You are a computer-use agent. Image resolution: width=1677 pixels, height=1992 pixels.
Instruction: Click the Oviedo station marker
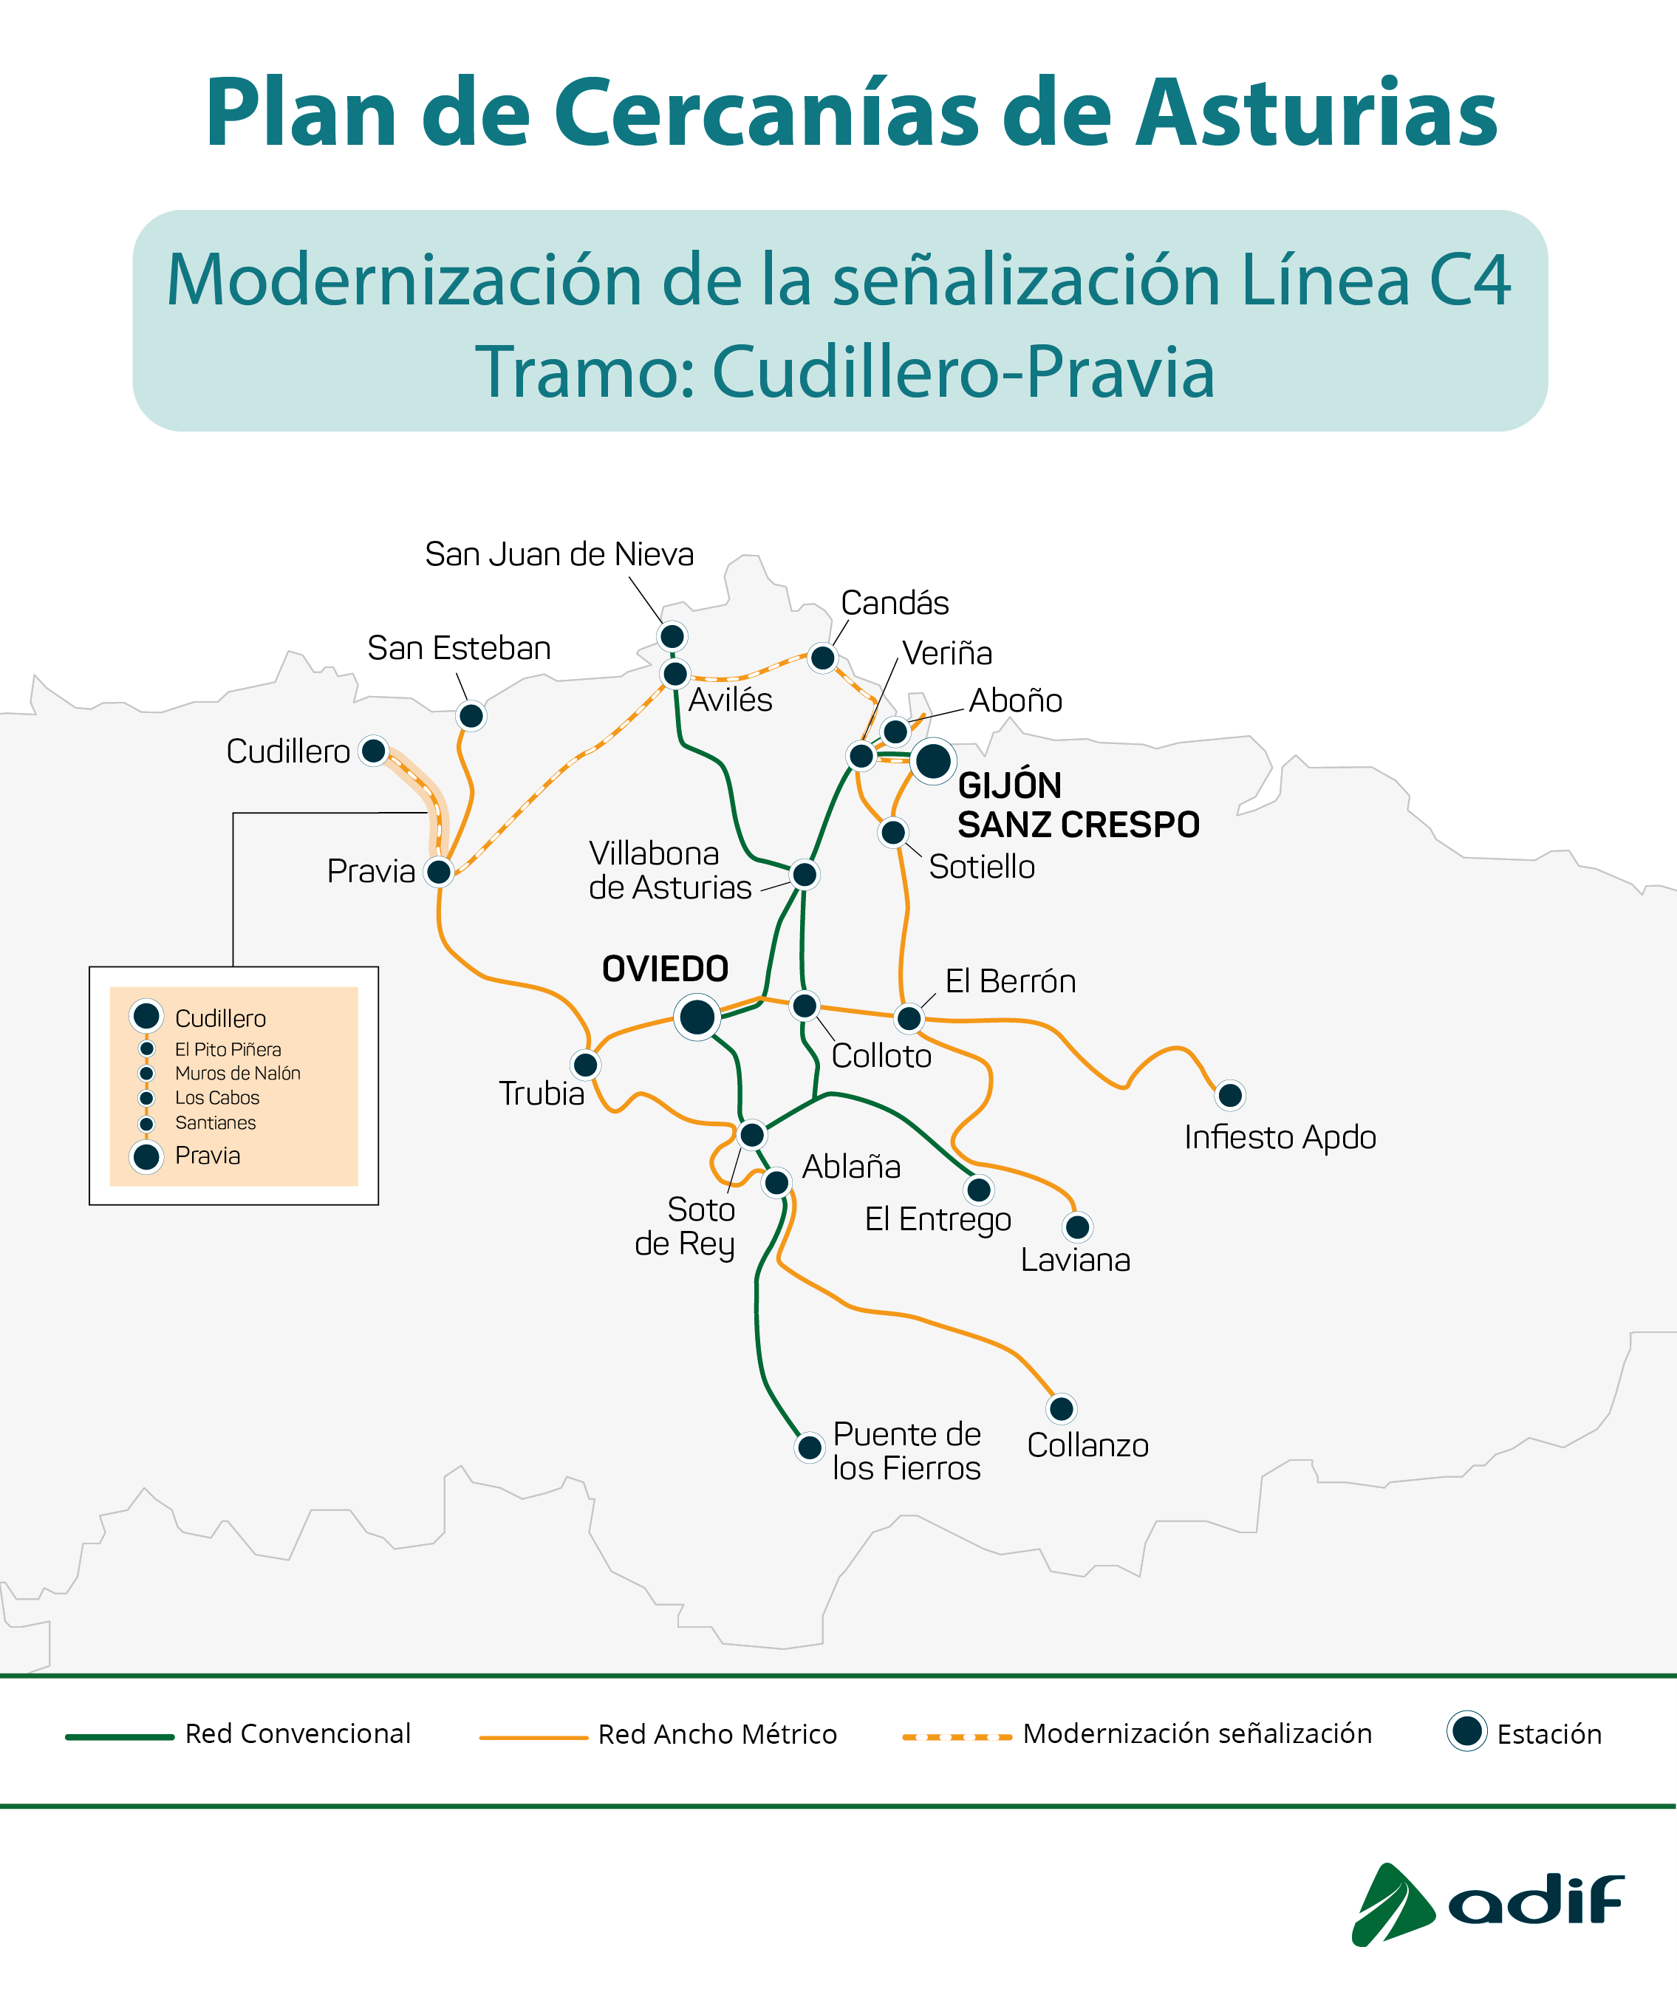pos(697,1017)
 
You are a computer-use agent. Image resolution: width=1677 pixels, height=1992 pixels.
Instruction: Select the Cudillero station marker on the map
pos(374,751)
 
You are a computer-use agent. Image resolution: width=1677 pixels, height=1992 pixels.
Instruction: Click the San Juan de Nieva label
pos(559,554)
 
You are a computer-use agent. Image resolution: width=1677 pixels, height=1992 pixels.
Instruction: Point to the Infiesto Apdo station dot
pos(1230,1095)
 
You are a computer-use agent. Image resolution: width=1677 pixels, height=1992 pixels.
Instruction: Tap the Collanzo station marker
pos(1061,1408)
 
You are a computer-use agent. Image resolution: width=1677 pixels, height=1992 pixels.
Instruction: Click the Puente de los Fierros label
pos(906,1451)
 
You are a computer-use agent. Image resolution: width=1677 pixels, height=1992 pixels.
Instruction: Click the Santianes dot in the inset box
pos(146,1124)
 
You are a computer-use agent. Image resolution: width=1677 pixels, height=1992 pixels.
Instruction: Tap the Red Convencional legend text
pos(298,1733)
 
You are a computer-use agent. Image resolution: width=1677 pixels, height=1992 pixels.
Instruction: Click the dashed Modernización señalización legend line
pos(957,1737)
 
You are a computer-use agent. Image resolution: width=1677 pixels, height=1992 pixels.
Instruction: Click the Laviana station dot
pos(1077,1227)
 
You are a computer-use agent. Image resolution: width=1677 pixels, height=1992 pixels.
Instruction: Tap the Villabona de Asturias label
pos(669,870)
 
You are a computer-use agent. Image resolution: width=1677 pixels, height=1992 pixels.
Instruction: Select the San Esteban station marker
pos(471,715)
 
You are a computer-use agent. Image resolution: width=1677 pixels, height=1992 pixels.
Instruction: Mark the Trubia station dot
pos(586,1065)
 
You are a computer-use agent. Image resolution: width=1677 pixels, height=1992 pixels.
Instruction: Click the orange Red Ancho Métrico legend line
pos(533,1737)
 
